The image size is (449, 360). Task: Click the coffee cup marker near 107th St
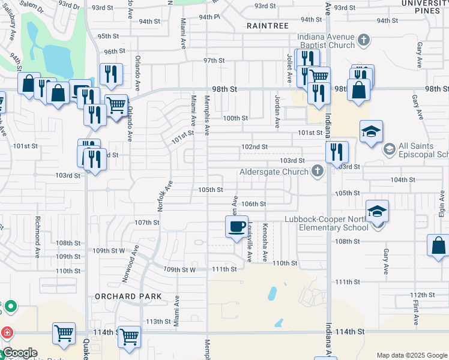[237, 227]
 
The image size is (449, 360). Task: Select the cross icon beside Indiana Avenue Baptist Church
[363, 40]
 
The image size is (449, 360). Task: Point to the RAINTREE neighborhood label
[268, 26]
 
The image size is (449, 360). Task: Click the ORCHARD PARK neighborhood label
[128, 296]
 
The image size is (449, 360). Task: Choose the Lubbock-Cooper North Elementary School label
[327, 223]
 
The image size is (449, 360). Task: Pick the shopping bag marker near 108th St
[438, 246]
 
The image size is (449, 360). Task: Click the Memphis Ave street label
[207, 115]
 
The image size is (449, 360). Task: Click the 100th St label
[235, 118]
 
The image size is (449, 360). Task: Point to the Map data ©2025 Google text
[412, 355]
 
